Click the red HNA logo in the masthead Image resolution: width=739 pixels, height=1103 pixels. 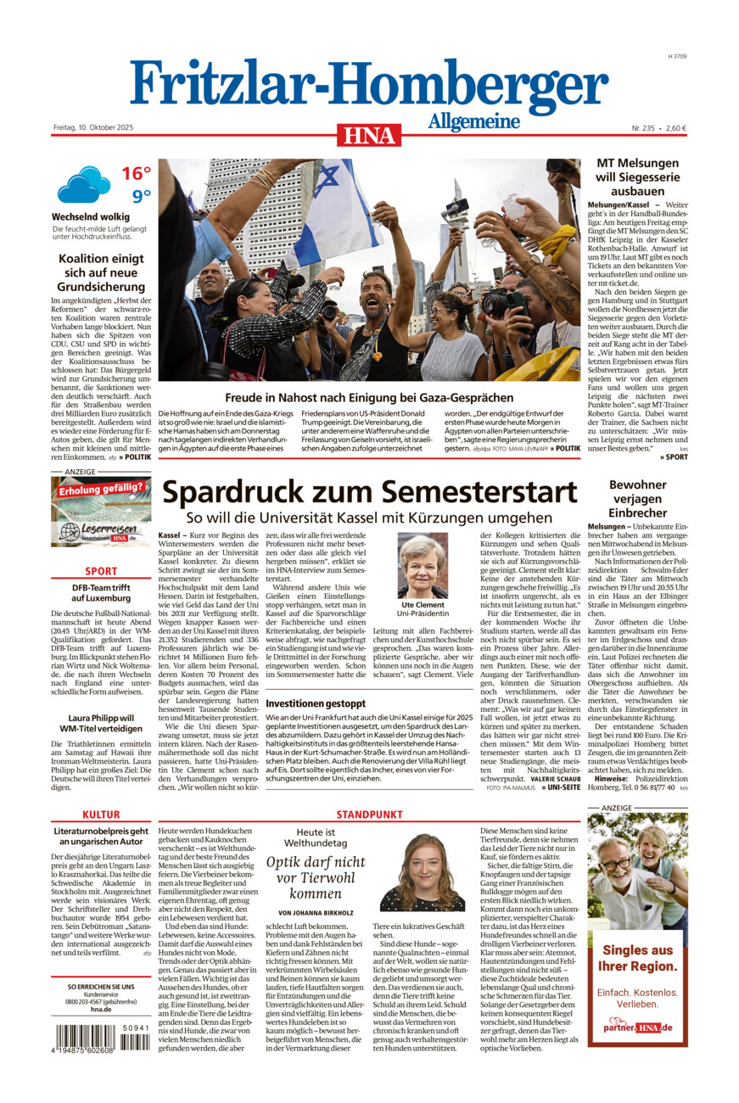pos(369,135)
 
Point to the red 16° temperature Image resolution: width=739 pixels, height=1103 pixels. pos(136,174)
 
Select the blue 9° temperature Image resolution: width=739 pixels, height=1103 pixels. pos(140,197)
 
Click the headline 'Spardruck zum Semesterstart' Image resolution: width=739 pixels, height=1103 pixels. pos(369,492)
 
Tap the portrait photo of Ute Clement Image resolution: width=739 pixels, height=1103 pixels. pos(423,566)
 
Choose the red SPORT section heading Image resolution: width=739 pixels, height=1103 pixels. pos(101,572)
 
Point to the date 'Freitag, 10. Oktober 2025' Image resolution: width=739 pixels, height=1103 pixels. pos(92,128)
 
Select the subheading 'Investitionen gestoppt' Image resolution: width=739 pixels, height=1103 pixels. pos(316,703)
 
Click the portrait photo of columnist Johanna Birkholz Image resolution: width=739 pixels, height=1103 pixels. pos(422,872)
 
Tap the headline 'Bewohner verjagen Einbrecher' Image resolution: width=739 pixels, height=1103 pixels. pos(637,499)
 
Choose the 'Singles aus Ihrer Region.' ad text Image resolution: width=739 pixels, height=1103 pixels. pos(637,958)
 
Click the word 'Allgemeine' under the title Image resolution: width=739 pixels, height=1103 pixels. pos(473,121)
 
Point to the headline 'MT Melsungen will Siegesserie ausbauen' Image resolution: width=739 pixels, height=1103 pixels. pos(637,176)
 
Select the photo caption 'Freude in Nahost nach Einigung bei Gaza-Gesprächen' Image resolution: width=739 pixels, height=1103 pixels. pos(369,397)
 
